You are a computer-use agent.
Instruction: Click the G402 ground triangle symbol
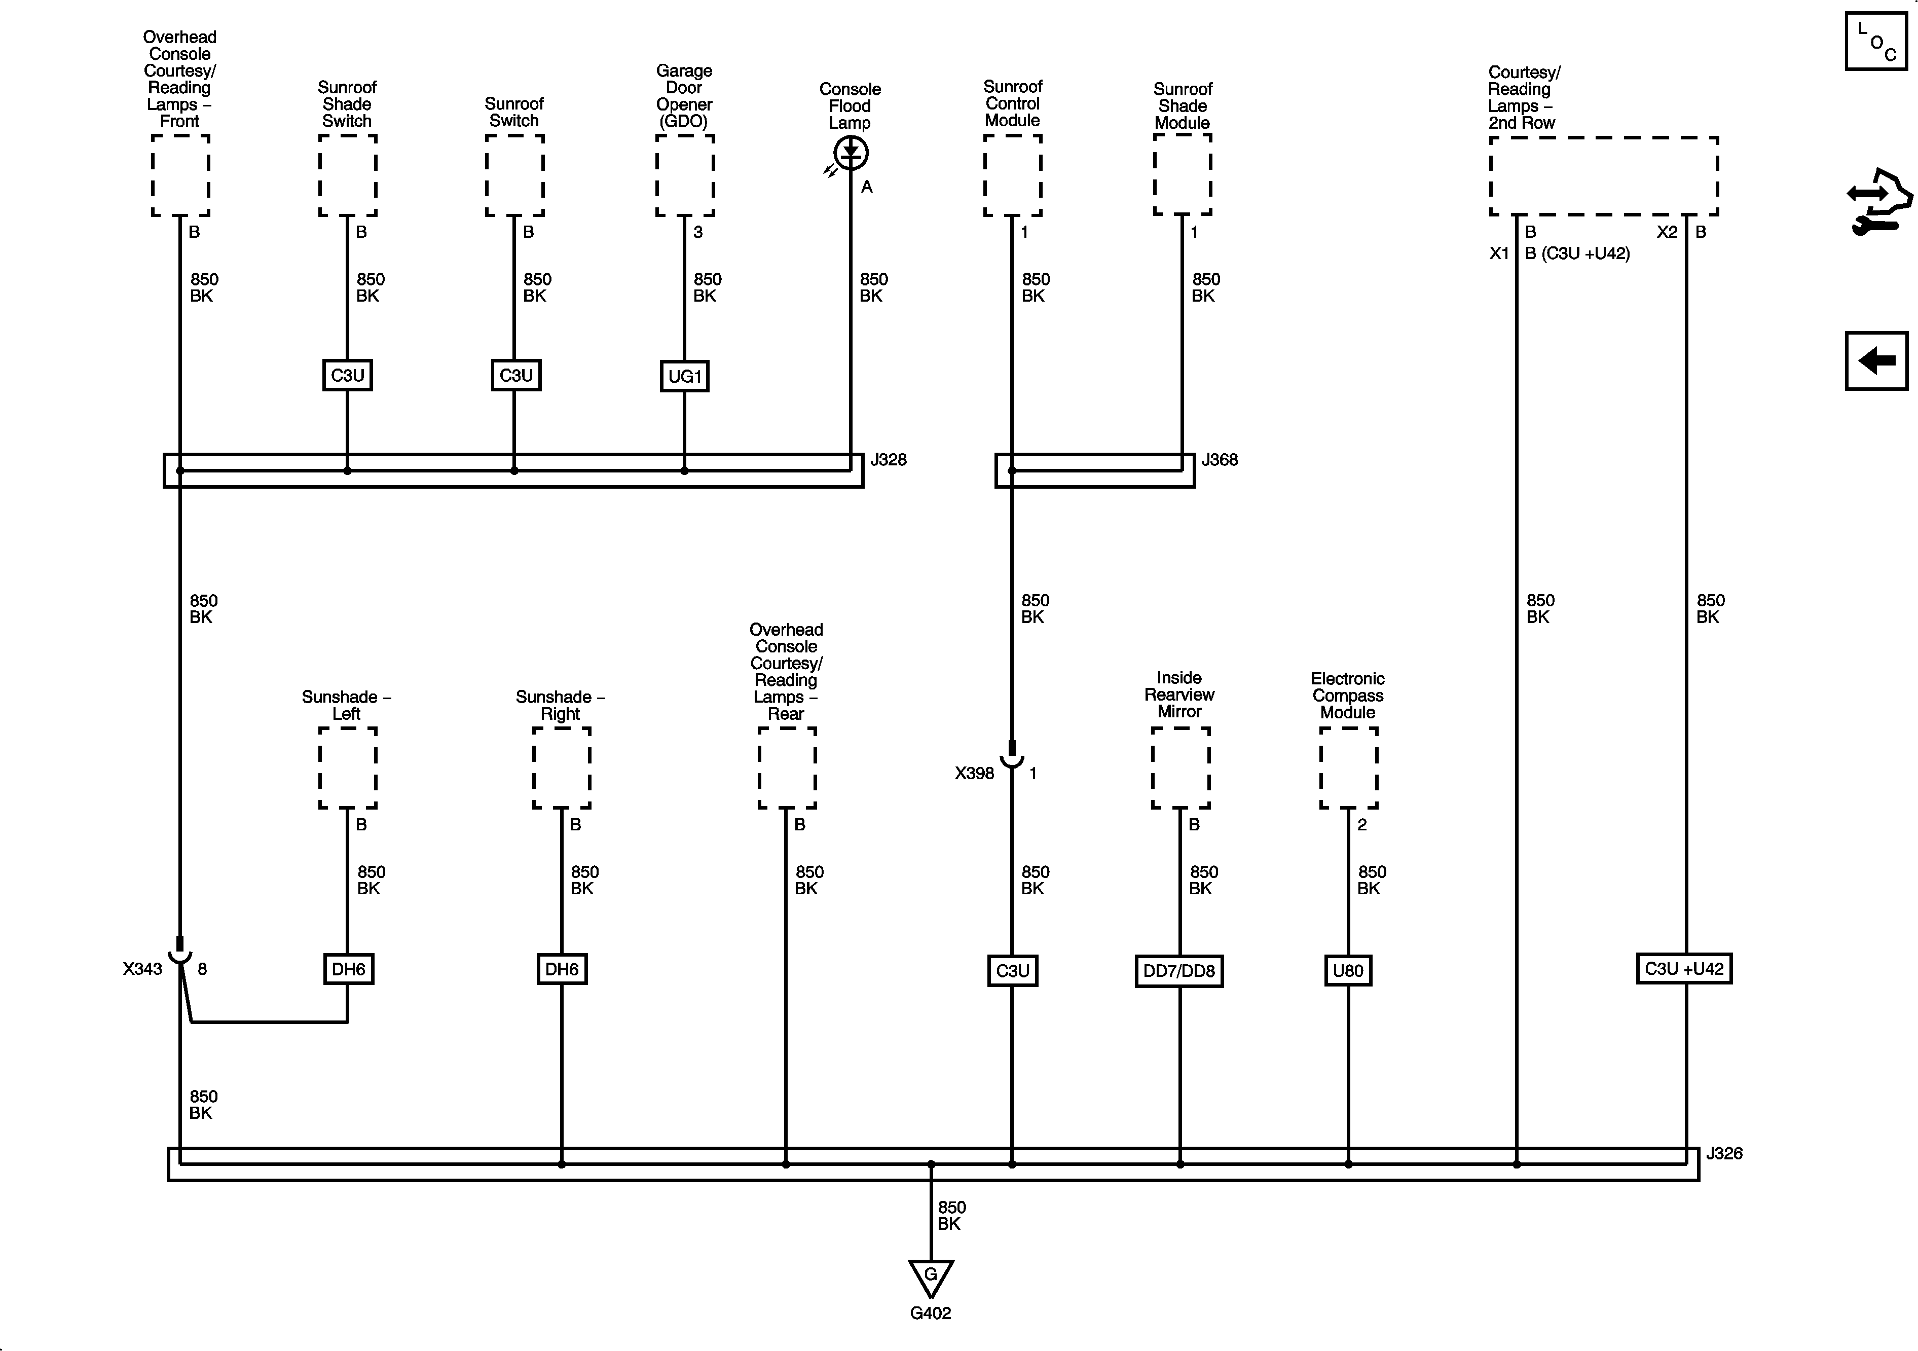point(931,1277)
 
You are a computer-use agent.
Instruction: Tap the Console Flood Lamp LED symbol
point(851,153)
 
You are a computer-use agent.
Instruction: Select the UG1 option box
point(684,376)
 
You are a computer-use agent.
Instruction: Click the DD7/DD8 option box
point(1178,971)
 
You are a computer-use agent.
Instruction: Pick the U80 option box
point(1347,971)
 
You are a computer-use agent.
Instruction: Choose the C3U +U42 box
point(1683,969)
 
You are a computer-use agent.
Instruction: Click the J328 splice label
point(888,459)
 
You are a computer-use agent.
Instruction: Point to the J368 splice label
point(1219,459)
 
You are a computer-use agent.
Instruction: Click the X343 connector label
point(142,969)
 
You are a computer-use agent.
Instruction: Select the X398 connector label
point(974,774)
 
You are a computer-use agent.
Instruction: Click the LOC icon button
point(1875,41)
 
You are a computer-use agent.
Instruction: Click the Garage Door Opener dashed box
point(684,175)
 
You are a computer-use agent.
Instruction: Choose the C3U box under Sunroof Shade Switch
point(348,375)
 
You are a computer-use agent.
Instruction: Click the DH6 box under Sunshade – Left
point(348,969)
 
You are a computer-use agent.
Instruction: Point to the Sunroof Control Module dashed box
point(1012,175)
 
